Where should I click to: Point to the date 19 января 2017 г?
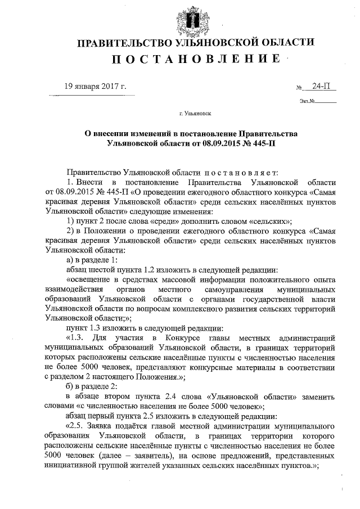point(96,87)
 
